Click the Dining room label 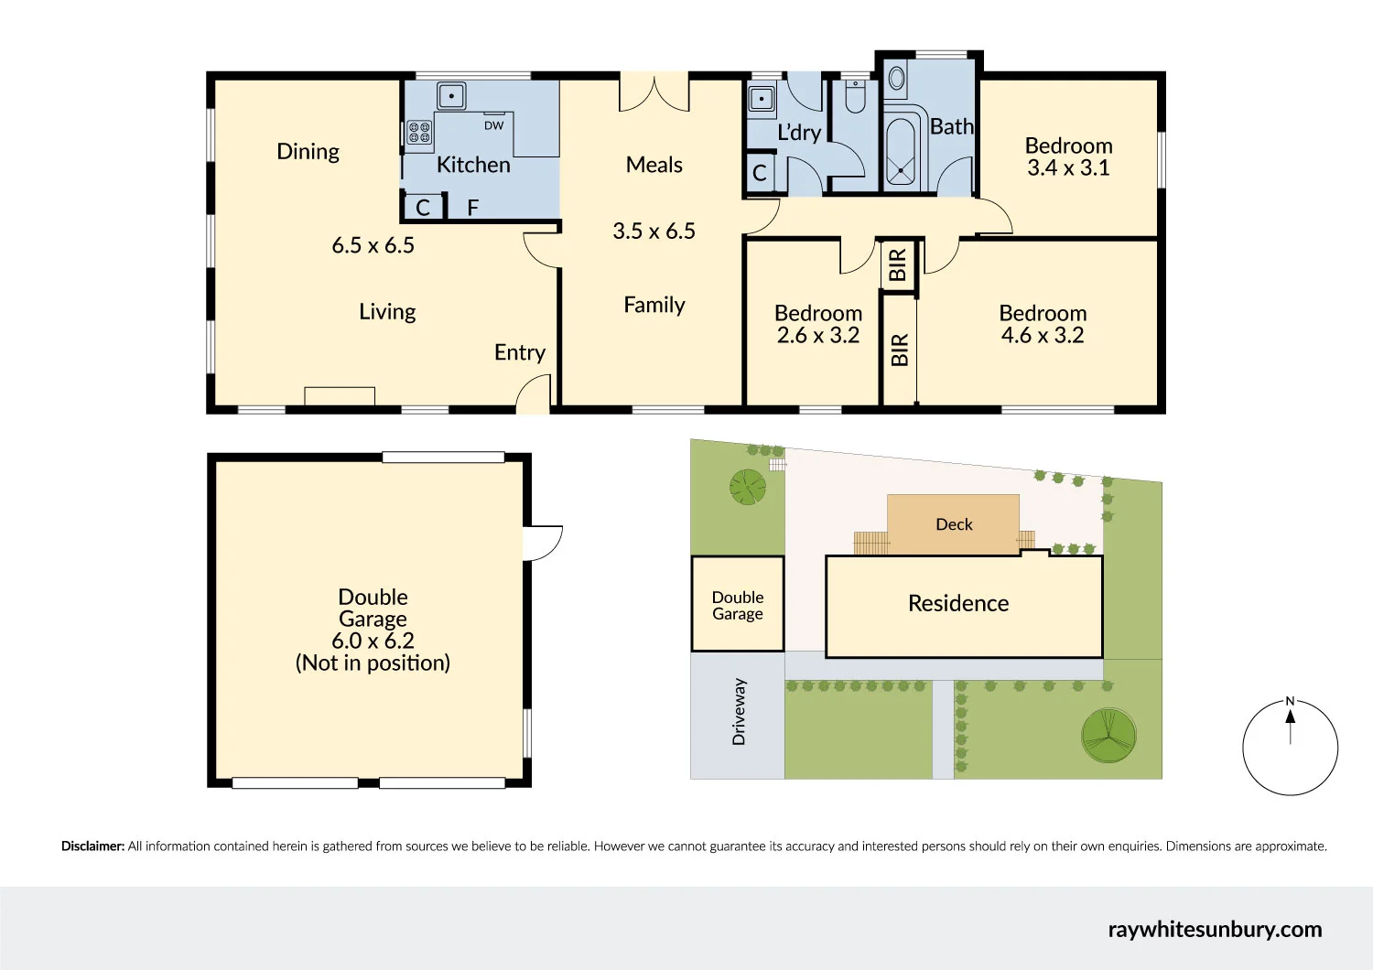tap(308, 152)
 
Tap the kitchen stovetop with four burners tap(419, 133)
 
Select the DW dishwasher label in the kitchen tap(493, 125)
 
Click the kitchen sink tap(450, 95)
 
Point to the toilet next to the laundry tap(855, 96)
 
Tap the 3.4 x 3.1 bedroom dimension tap(1068, 168)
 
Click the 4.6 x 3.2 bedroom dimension tap(1042, 336)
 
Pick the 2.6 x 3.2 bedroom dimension tap(817, 336)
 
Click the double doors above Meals tap(654, 93)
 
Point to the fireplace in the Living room tap(340, 395)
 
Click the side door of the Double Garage tap(543, 543)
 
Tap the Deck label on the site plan tap(954, 524)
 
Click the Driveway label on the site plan tap(739, 711)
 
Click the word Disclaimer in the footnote tap(92, 846)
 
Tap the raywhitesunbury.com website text tap(1215, 930)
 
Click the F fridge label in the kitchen tap(473, 208)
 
